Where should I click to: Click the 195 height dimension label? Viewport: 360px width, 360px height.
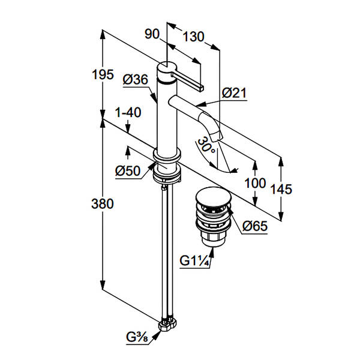(103, 74)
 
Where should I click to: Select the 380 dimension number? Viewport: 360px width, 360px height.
(103, 203)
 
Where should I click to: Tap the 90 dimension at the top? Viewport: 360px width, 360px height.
(152, 34)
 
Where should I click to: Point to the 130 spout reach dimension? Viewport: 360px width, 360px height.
(193, 37)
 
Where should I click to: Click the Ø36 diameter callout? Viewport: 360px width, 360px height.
(136, 80)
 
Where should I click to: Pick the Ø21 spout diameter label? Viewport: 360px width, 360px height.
(234, 93)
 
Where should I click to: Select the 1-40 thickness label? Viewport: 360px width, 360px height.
(128, 113)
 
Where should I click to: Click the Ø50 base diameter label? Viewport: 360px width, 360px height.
(128, 171)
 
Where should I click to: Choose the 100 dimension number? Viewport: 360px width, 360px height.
(255, 183)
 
